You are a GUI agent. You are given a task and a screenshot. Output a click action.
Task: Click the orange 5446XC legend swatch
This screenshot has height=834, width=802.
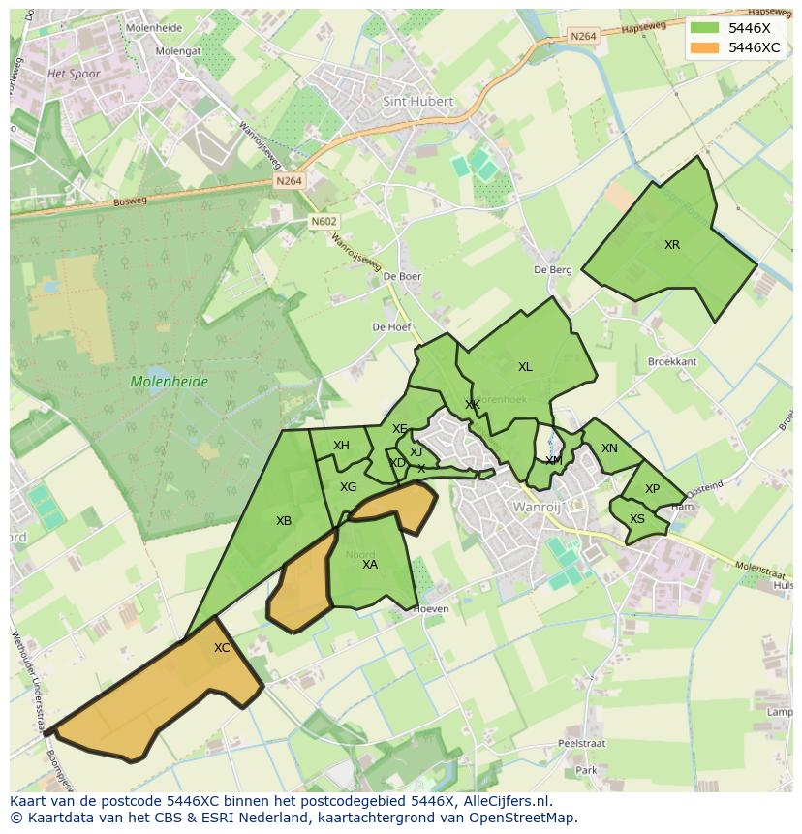705,47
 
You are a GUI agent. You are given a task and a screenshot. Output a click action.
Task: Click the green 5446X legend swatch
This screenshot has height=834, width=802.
705,28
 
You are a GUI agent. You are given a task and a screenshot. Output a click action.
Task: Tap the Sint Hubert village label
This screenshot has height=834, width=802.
417,100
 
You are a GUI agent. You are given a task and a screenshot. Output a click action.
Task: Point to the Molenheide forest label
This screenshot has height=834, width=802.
170,382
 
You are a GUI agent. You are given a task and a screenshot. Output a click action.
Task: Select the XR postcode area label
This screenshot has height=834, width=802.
672,245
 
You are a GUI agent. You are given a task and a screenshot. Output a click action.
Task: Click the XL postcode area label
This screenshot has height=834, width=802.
525,367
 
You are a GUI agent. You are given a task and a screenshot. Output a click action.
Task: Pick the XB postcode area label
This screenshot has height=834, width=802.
284,521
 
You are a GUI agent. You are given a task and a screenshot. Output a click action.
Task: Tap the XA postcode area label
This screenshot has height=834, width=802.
370,565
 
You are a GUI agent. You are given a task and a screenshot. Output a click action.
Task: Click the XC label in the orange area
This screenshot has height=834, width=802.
222,648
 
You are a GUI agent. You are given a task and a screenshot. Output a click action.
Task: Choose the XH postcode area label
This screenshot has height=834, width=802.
341,446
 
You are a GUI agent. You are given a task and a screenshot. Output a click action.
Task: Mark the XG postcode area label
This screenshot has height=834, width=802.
349,487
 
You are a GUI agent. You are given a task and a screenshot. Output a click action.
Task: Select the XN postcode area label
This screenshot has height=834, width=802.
609,448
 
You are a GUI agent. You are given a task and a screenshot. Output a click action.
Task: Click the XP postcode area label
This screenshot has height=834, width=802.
652,489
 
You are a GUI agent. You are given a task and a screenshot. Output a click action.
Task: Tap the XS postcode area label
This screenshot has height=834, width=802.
637,519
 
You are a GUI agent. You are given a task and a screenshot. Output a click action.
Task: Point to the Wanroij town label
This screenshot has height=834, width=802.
538,507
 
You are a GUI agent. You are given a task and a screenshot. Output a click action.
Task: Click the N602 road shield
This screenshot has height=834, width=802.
324,222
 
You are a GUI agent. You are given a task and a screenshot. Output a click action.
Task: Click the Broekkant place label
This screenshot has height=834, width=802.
672,361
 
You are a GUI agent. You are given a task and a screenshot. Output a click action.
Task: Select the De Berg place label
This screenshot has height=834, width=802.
553,270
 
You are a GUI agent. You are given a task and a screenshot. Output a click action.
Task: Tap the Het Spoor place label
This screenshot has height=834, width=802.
74,74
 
